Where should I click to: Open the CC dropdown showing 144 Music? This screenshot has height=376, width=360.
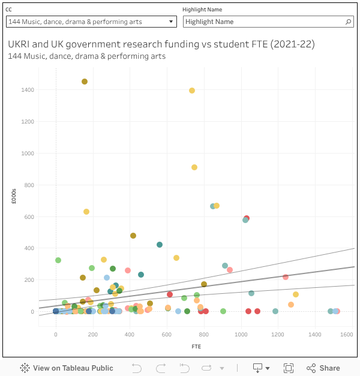point(91,22)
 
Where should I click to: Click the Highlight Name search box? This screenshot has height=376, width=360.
point(264,22)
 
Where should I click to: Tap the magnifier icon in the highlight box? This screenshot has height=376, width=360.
point(349,22)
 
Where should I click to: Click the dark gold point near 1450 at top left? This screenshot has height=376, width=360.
point(85,82)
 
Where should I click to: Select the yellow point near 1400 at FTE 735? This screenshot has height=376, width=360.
point(192,91)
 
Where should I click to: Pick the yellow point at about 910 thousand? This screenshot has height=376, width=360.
point(194,167)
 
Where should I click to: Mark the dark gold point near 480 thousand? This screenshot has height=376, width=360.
point(133,236)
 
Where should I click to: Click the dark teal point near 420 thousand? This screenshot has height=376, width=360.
point(160,245)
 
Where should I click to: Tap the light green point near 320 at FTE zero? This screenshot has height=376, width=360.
point(58,260)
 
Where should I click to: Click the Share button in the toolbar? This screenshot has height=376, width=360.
point(323,368)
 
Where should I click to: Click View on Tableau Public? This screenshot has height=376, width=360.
point(67,368)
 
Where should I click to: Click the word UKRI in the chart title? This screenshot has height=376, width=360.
point(21,44)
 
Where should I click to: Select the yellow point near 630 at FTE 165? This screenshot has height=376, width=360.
point(86,212)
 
